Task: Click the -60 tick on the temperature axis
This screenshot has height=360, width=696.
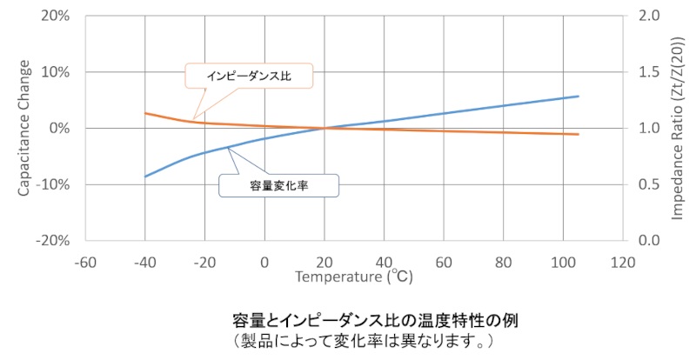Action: click(x=84, y=261)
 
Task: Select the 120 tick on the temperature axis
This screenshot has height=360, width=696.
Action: click(x=620, y=261)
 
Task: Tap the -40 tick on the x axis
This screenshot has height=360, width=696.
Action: click(x=144, y=261)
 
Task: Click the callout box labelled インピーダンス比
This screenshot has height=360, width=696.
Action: click(x=249, y=77)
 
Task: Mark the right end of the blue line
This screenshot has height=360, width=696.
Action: click(x=579, y=96)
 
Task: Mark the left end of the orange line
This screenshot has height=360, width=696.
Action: click(x=144, y=113)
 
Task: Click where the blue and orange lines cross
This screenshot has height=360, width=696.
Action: click(x=324, y=129)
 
